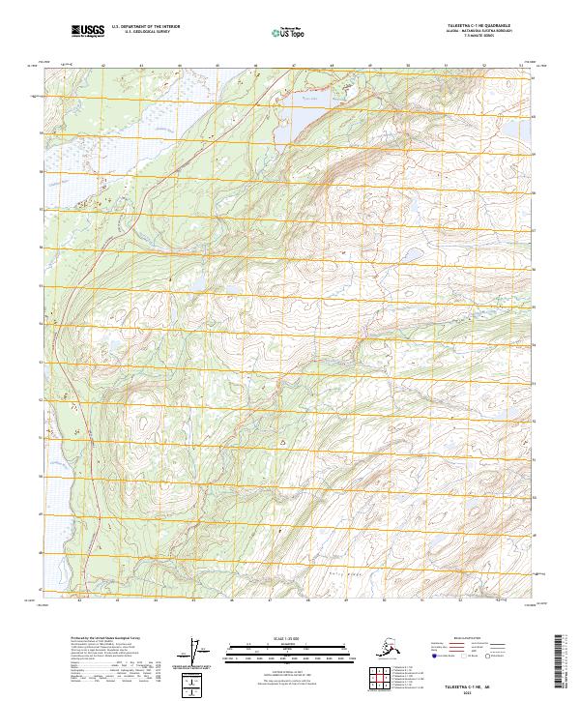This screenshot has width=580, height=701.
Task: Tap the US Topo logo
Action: point(286,33)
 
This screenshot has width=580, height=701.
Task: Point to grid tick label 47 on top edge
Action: point(293,67)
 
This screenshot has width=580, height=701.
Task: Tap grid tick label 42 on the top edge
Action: point(102,67)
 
